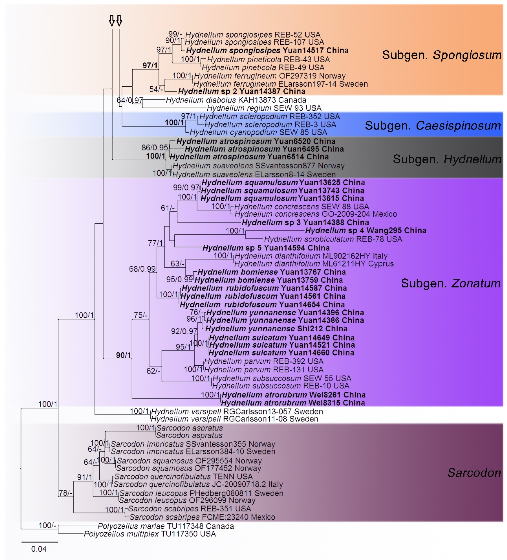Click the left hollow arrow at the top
112,20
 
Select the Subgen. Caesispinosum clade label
432,126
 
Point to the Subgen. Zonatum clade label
450,283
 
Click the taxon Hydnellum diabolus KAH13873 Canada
236,100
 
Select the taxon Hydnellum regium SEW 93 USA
264,108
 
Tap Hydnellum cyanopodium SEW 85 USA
258,132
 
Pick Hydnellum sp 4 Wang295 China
365,230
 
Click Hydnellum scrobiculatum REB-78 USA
333,239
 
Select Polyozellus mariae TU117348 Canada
166,526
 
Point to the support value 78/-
66,493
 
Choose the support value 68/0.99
142,269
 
